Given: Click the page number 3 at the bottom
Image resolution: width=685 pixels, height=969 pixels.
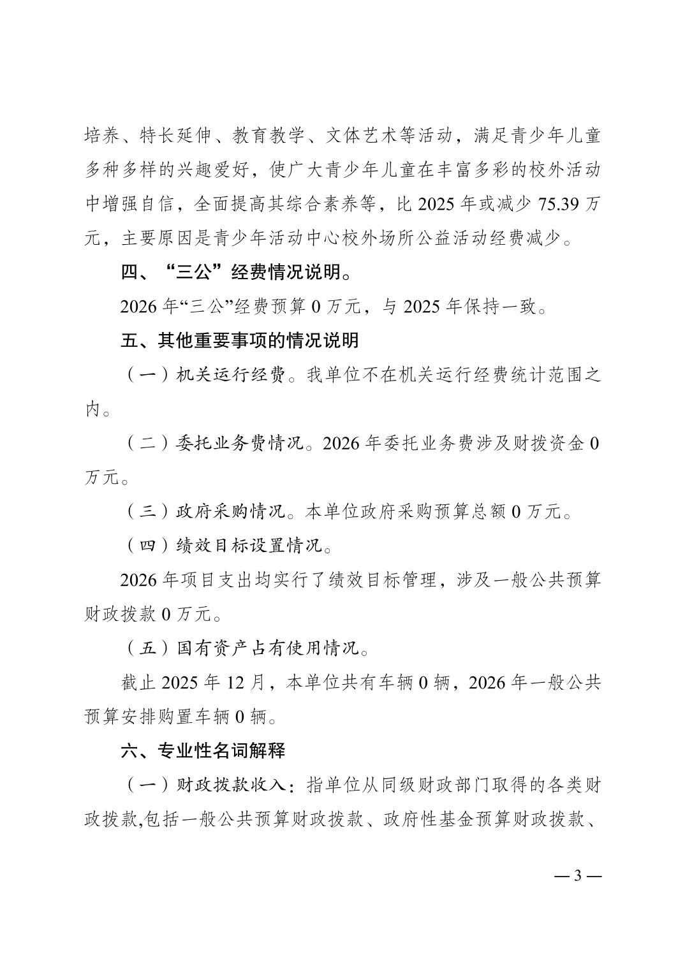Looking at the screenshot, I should click(578, 875).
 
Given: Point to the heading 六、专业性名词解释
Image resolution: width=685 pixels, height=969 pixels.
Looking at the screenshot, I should click(203, 750).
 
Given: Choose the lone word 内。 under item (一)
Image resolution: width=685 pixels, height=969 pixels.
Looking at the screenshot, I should click(98, 409).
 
